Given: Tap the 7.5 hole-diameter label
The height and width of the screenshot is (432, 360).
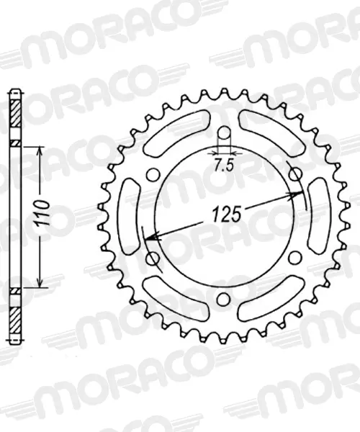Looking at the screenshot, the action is pyautogui.click(x=224, y=166).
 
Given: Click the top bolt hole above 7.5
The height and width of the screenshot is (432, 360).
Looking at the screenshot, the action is pyautogui.click(x=225, y=132).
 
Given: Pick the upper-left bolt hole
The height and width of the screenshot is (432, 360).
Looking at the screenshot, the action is pyautogui.click(x=153, y=174).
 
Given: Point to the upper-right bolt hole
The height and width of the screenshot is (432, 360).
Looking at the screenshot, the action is pyautogui.click(x=296, y=174).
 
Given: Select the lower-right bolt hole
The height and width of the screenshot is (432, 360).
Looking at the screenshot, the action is pyautogui.click(x=296, y=257).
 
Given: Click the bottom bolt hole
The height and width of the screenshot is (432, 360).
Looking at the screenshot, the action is pyautogui.click(x=225, y=298).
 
